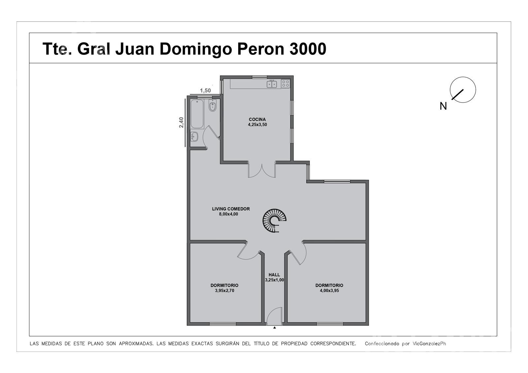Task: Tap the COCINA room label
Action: [257, 119]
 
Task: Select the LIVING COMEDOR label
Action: [231, 209]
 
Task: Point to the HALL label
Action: [274, 275]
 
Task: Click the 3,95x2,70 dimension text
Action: [224, 291]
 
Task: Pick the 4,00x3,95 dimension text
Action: [329, 291]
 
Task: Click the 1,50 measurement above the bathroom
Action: [205, 90]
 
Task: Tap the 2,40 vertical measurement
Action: [181, 123]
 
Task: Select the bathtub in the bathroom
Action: [197, 114]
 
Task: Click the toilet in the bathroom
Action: [213, 106]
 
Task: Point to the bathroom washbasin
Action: [194, 137]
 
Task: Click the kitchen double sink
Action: [272, 84]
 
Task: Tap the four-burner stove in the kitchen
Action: [285, 84]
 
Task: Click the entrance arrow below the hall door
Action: [274, 327]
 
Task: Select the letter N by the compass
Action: [443, 106]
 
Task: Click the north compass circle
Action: [463, 90]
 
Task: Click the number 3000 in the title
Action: [308, 49]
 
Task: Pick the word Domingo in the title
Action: [196, 49]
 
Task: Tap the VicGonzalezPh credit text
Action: [429, 344]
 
